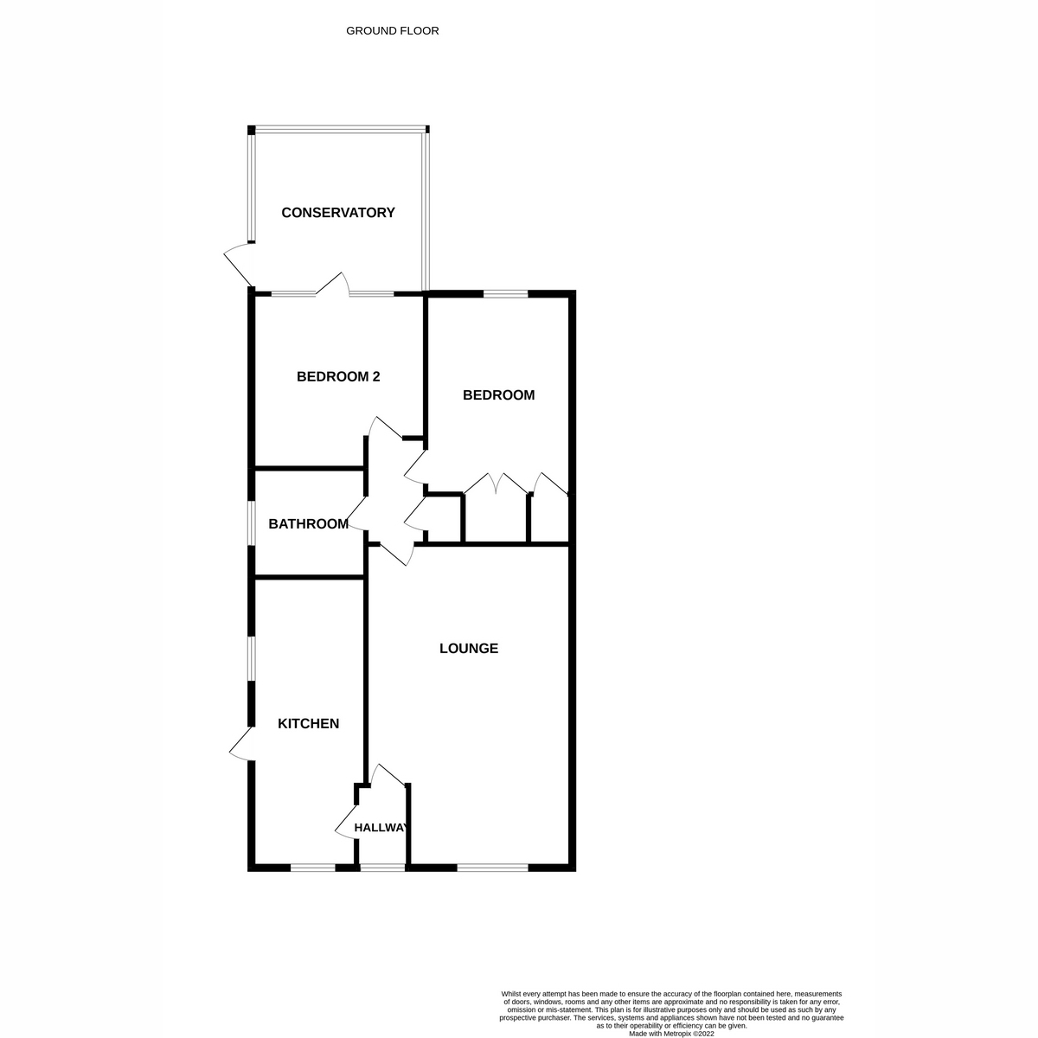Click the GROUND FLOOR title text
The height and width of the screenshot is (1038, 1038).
click(392, 31)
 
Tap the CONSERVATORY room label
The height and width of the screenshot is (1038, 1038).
click(338, 213)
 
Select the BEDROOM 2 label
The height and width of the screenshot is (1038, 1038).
click(338, 377)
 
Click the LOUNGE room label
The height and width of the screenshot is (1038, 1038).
click(469, 649)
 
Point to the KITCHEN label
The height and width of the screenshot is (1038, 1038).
click(308, 724)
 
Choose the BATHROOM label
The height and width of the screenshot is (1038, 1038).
click(308, 524)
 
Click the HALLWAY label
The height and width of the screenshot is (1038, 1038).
click(381, 828)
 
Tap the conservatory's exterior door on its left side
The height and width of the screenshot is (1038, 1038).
click(237, 264)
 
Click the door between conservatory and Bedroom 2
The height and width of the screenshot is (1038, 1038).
click(333, 285)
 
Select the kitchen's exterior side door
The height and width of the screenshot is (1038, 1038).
click(240, 744)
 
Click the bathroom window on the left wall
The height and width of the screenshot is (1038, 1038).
click(252, 523)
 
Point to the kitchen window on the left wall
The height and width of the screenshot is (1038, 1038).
click(252, 659)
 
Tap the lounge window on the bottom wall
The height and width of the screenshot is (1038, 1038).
click(491, 867)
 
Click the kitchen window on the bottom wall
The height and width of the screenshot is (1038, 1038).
click(312, 867)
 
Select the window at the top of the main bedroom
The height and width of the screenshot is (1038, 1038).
click(505, 295)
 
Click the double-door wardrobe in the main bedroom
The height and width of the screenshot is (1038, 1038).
click(496, 486)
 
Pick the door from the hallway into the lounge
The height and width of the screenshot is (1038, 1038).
click(388, 775)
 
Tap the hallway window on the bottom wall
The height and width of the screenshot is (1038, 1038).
click(381, 867)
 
